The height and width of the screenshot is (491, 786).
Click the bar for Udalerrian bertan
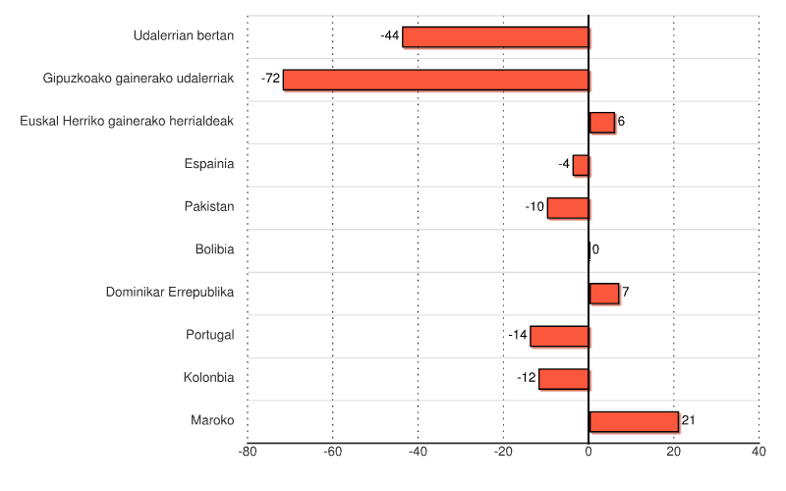point(495,37)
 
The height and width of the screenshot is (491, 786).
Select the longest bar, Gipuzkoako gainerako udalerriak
point(435,80)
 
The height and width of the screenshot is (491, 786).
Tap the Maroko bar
point(634,421)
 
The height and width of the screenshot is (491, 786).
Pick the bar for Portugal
point(559,336)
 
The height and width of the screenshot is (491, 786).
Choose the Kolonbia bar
point(563,378)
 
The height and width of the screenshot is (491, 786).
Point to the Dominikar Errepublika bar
point(603,293)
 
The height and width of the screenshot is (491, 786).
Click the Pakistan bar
point(568,207)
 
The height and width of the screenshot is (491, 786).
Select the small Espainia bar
point(581,165)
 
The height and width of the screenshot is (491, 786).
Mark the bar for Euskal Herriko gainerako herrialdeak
point(601,122)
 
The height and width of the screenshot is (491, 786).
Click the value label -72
point(271,79)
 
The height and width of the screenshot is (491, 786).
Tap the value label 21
point(688,420)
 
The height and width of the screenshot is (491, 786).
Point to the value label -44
point(389,36)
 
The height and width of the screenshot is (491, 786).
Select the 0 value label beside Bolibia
point(595,249)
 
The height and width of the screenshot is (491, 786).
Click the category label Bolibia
point(214,249)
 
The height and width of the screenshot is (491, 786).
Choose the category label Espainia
point(209,164)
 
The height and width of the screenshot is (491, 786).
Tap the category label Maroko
point(212,420)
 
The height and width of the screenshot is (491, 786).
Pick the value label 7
point(625,293)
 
